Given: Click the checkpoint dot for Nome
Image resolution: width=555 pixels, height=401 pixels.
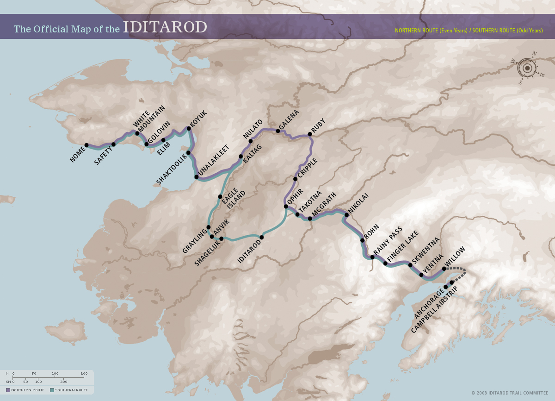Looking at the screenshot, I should [x=86, y=145].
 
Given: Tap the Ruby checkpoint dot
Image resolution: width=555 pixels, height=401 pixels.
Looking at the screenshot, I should [x=310, y=134].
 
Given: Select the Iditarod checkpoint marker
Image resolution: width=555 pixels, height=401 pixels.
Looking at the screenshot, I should [x=262, y=238].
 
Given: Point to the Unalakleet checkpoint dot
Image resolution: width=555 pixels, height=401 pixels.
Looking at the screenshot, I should [x=197, y=177].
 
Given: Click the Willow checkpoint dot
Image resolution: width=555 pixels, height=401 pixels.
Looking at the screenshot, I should [x=444, y=269].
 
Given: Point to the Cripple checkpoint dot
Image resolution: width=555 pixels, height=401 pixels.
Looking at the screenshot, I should [x=295, y=179].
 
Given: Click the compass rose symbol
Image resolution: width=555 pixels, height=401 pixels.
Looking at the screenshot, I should [x=527, y=69].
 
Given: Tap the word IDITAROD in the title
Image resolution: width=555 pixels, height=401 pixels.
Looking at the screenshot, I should [x=165, y=27].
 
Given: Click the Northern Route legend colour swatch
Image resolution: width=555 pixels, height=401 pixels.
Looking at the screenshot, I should [x=8, y=390].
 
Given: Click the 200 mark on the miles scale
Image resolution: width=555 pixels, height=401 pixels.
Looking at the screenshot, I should [x=84, y=373].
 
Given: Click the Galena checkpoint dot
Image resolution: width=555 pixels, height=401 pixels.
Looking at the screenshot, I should [x=278, y=131].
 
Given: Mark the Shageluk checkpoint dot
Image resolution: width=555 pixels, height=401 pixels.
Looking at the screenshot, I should [x=222, y=238].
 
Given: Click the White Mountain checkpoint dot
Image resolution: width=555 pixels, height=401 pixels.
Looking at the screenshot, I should [x=137, y=133].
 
